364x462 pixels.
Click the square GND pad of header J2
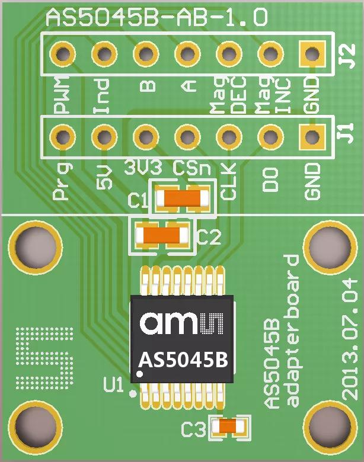coord(313,54)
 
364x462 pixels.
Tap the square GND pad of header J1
coord(313,137)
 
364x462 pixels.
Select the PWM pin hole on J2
coord(63,54)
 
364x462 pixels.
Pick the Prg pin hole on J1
coord(63,137)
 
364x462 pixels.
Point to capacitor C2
coord(162,235)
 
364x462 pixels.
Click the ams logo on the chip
coord(181,323)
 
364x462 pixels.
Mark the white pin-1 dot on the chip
coord(140,374)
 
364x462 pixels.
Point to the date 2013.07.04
coord(350,339)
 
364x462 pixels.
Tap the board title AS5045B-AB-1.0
coord(157,17)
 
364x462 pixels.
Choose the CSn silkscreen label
coord(192,168)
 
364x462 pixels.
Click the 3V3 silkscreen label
coord(143,168)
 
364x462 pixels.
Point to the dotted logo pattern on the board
coord(44,358)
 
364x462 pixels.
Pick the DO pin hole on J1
coord(270,137)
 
